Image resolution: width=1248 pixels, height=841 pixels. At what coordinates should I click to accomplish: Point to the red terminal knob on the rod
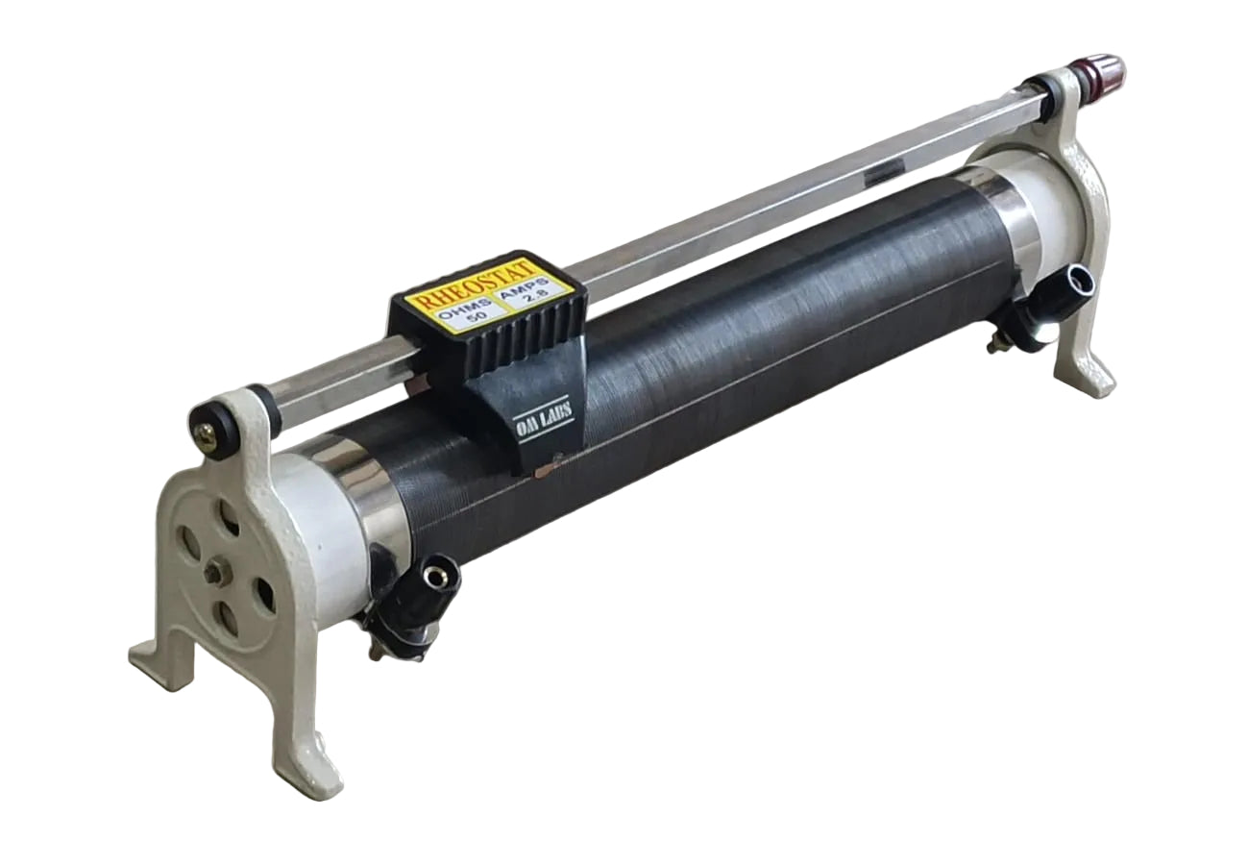1098,72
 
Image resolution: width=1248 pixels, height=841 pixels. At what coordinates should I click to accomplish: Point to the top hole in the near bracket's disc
229,519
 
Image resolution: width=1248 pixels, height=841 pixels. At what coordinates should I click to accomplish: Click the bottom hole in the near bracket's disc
227,617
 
